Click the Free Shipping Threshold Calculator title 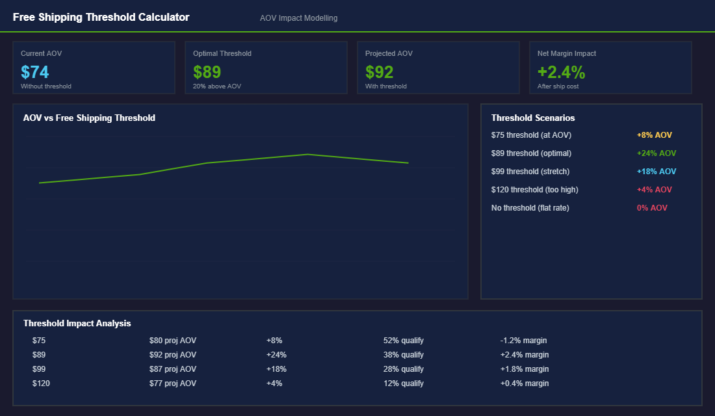coord(101,18)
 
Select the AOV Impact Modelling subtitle coord(298,18)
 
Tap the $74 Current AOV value coord(35,71)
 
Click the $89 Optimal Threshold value coord(207,71)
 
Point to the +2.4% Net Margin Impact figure coord(561,71)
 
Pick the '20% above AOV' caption coord(216,86)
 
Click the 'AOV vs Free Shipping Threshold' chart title coord(89,118)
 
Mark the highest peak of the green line coord(307,154)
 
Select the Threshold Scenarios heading coord(533,118)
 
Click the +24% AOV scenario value coord(656,153)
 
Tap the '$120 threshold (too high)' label coord(534,190)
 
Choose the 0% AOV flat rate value coord(652,208)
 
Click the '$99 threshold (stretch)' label coord(530,172)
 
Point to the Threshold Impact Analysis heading coord(77,323)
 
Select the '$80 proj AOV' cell coord(172,341)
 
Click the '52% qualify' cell coord(403,341)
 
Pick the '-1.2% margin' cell coord(523,341)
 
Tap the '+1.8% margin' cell coord(525,369)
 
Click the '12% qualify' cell coord(403,383)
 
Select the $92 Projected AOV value coord(379,71)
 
